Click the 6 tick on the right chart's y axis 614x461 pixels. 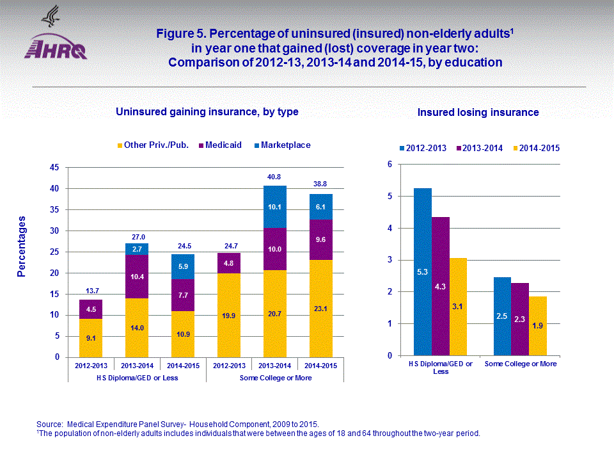tap(389, 165)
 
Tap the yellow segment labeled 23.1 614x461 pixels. tap(320, 308)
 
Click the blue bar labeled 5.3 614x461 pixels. tap(423, 271)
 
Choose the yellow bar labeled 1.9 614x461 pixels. tap(538, 326)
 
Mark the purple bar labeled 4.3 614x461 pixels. tap(441, 286)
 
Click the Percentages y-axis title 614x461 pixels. tap(22, 246)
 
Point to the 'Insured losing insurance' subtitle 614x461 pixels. tap(478, 113)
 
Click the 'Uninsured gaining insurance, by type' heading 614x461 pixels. tap(207, 112)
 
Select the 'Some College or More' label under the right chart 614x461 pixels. tap(521, 364)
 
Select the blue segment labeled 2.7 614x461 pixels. tap(137, 248)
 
